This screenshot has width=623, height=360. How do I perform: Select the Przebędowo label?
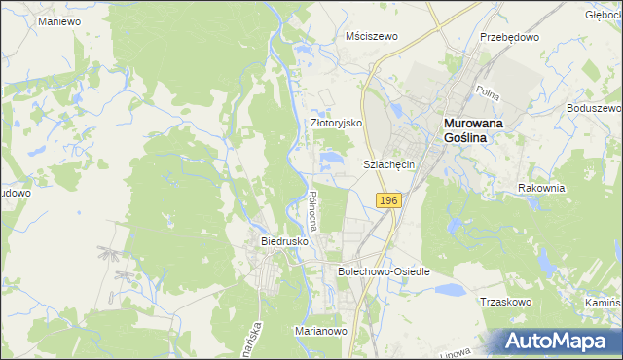coord(509,36)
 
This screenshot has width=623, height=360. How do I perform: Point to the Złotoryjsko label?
coord(336,124)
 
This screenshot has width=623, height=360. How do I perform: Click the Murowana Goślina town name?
coord(480,130)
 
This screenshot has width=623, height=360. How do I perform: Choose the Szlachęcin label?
coord(389,165)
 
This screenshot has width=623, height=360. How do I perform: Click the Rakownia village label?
coord(541,188)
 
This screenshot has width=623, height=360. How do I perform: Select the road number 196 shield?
coord(387,199)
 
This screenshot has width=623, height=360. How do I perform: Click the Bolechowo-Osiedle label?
coord(384,271)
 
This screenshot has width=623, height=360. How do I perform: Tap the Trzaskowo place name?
coord(504,302)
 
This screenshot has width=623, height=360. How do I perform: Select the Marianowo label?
coord(321,331)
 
